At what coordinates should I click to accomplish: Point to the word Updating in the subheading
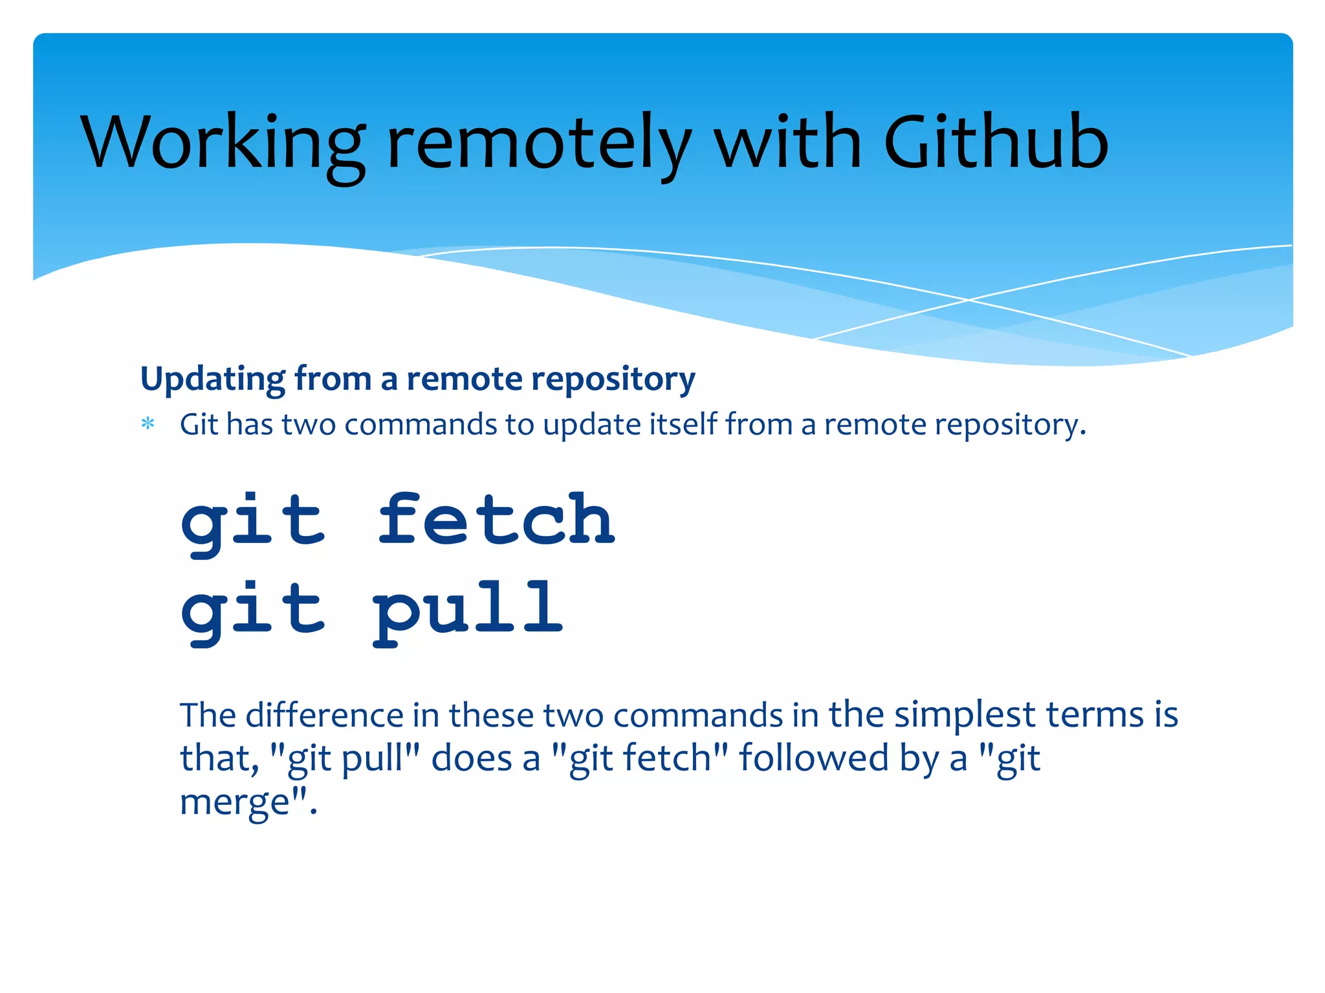click(x=212, y=379)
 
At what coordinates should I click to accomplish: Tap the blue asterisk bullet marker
click(x=148, y=425)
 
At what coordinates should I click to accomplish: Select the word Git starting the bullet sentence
click(x=199, y=425)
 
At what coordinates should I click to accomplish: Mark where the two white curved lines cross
click(x=969, y=300)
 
